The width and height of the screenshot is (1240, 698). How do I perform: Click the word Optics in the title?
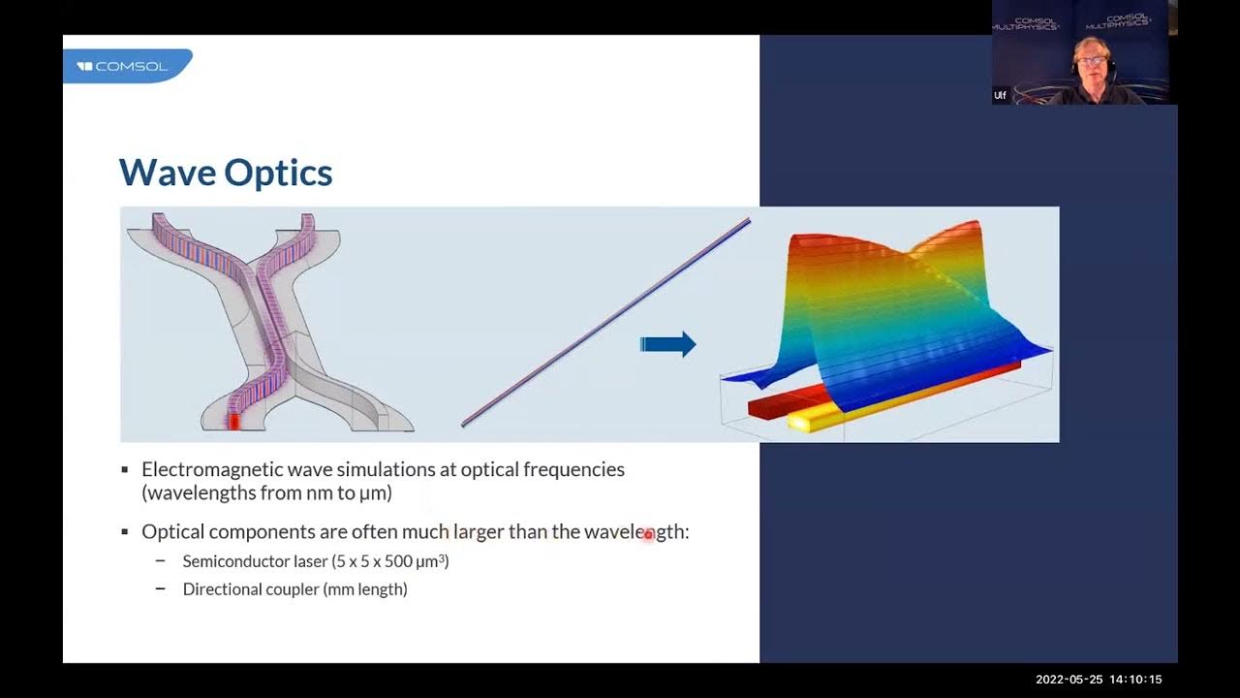(x=278, y=173)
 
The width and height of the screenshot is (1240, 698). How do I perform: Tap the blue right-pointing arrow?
(x=667, y=344)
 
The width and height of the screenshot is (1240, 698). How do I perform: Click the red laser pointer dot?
(x=649, y=534)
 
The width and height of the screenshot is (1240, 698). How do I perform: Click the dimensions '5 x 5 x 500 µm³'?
(x=390, y=561)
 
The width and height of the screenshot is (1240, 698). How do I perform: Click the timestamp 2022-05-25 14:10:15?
(x=1099, y=680)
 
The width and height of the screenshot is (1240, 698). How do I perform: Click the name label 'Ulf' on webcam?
(x=1000, y=95)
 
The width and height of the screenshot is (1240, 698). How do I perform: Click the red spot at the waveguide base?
(x=232, y=421)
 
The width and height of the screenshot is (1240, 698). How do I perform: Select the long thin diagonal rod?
(x=605, y=323)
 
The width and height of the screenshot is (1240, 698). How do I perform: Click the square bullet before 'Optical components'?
(x=125, y=532)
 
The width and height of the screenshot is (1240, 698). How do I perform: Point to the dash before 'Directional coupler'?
(x=161, y=589)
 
